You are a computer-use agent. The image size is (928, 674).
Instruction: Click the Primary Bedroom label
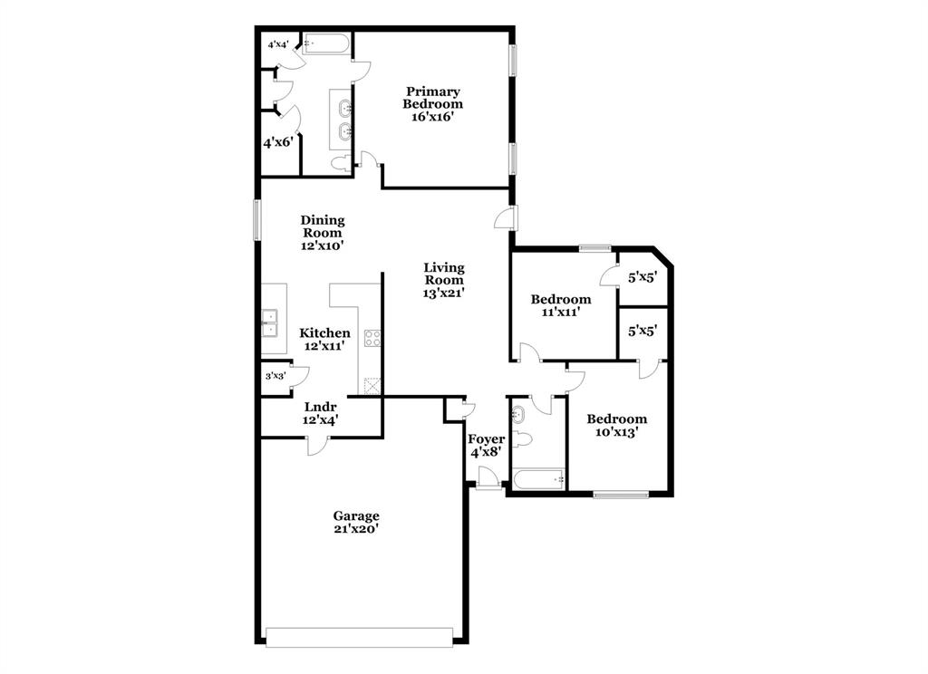point(432,98)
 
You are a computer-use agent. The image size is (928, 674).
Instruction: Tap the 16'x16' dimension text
point(432,117)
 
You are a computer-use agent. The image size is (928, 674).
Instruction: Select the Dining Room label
point(322,226)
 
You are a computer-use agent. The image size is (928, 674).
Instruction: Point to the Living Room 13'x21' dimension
point(444,293)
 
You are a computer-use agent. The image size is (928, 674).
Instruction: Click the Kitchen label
point(324,333)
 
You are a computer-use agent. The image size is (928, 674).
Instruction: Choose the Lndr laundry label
point(321,407)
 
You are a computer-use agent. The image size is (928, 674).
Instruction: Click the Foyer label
point(486,439)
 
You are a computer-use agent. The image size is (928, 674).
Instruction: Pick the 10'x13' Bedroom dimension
point(616,433)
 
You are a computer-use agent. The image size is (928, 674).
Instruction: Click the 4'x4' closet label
point(277,44)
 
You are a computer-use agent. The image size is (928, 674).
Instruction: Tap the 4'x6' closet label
point(277,142)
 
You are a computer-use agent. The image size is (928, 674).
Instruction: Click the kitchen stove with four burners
point(372,339)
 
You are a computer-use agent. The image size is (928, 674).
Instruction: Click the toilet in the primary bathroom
point(340,163)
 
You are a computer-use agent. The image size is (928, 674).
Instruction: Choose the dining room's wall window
point(256,219)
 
